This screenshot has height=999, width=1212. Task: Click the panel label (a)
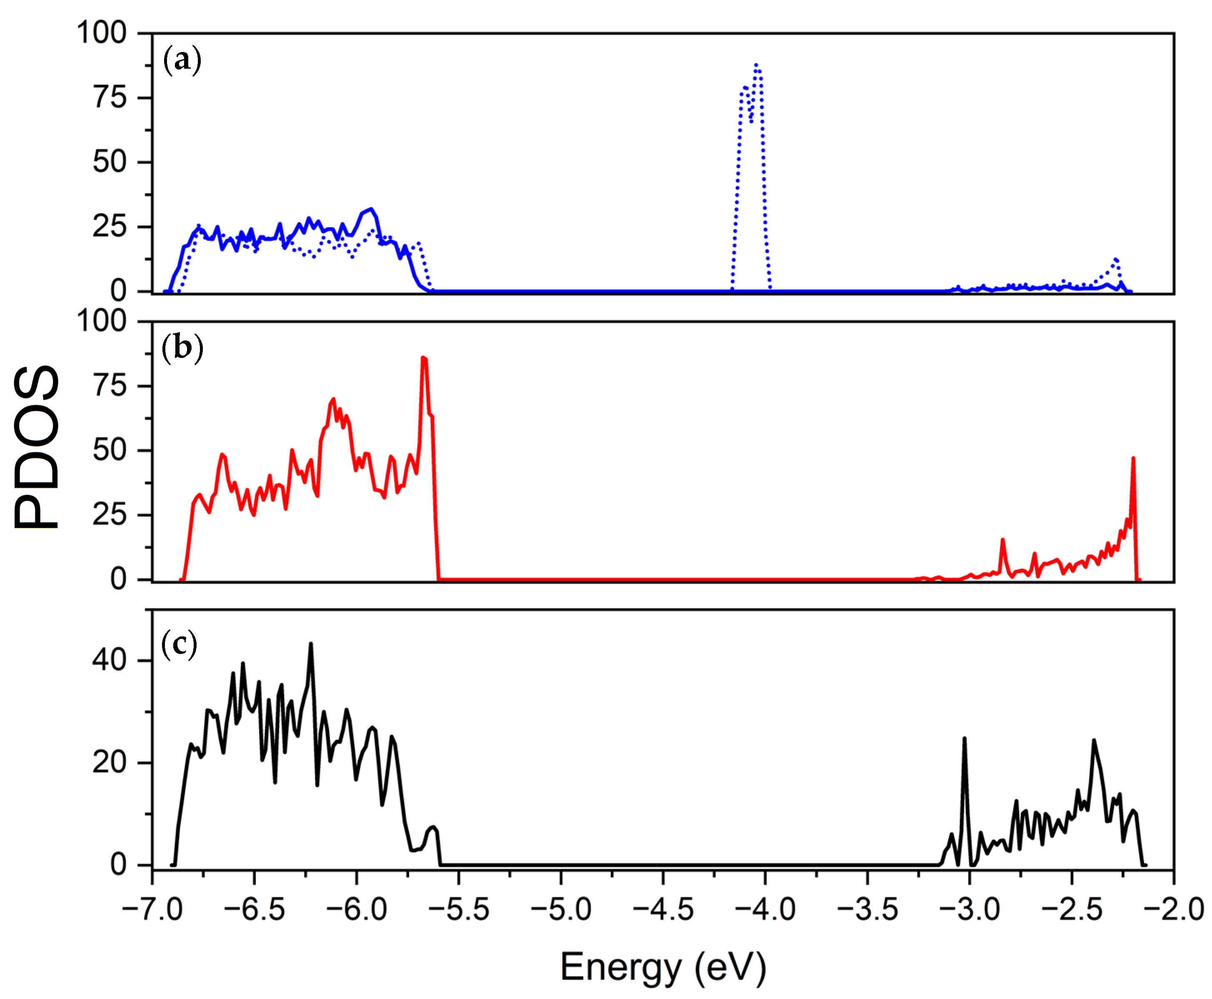point(182,60)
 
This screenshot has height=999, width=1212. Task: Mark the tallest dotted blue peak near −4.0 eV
point(756,65)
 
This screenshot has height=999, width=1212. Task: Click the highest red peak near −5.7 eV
point(423,358)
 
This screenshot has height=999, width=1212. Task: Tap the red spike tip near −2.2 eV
point(1133,459)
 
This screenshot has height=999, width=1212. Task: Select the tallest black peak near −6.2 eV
point(311,644)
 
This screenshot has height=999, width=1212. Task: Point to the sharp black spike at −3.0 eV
point(965,738)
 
